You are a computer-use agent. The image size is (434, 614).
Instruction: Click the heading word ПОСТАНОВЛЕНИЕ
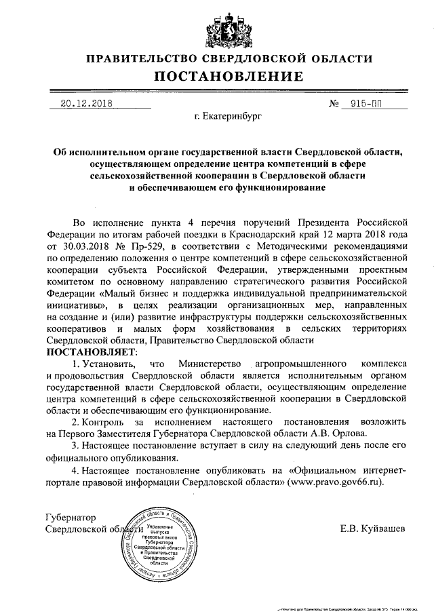click(x=217, y=77)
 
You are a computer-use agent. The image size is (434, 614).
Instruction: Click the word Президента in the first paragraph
click(x=321, y=222)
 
